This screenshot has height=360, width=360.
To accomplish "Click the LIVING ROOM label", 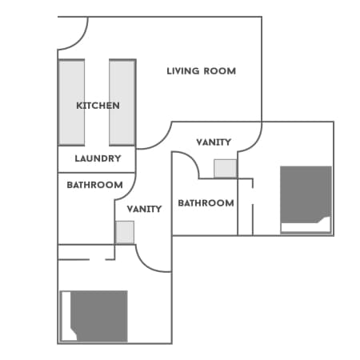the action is (x=202, y=71).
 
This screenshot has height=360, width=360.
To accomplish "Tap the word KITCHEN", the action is (x=98, y=106).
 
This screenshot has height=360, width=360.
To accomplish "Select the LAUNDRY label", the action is (x=98, y=158).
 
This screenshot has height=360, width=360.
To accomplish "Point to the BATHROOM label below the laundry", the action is (x=94, y=185).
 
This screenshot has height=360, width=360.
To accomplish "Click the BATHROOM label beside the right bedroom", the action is (x=206, y=203).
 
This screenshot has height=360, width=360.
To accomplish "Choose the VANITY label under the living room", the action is (x=214, y=142).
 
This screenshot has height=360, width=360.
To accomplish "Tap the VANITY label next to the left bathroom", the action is (x=144, y=209).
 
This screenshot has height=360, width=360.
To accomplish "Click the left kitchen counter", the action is (x=71, y=102).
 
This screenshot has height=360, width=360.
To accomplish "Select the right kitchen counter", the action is (x=122, y=102).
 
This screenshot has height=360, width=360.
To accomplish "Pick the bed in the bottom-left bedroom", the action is (x=94, y=316).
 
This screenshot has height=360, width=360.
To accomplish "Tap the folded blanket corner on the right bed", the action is (x=325, y=220).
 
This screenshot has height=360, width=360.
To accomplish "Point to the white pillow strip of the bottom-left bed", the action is (x=66, y=316).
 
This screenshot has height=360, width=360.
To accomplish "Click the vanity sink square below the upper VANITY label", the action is (x=226, y=169).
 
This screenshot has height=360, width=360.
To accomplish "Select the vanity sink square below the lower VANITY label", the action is (x=125, y=232).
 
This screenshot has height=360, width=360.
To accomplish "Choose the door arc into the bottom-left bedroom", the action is (x=146, y=264).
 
